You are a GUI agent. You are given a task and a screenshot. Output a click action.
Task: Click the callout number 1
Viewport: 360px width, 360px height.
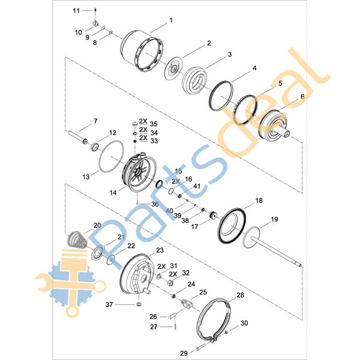pos(171,20)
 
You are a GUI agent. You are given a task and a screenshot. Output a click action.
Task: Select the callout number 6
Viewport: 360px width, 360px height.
pos(302,97)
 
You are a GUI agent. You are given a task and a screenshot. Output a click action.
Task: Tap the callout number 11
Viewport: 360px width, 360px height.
pos(76,11)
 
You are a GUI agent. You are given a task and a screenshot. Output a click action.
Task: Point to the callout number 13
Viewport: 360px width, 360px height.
pos(86,177)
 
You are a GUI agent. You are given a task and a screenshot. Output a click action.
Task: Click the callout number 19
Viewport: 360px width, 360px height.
pos(274,219)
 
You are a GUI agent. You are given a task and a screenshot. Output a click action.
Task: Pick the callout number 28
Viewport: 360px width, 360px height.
pos(240,295)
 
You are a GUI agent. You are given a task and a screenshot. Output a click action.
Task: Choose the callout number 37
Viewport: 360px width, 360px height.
pos(109,305)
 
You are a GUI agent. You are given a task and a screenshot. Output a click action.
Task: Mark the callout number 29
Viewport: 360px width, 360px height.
pos(184,353)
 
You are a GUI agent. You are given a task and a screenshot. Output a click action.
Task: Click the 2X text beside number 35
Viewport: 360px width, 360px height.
pos(143,121)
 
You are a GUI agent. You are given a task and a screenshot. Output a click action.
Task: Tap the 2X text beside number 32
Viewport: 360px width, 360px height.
pos(173,274)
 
